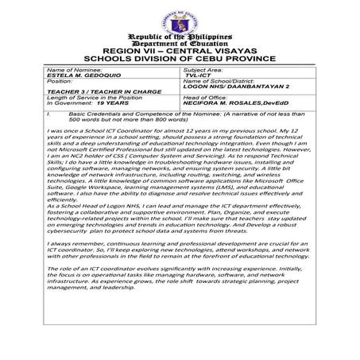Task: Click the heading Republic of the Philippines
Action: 179,37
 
